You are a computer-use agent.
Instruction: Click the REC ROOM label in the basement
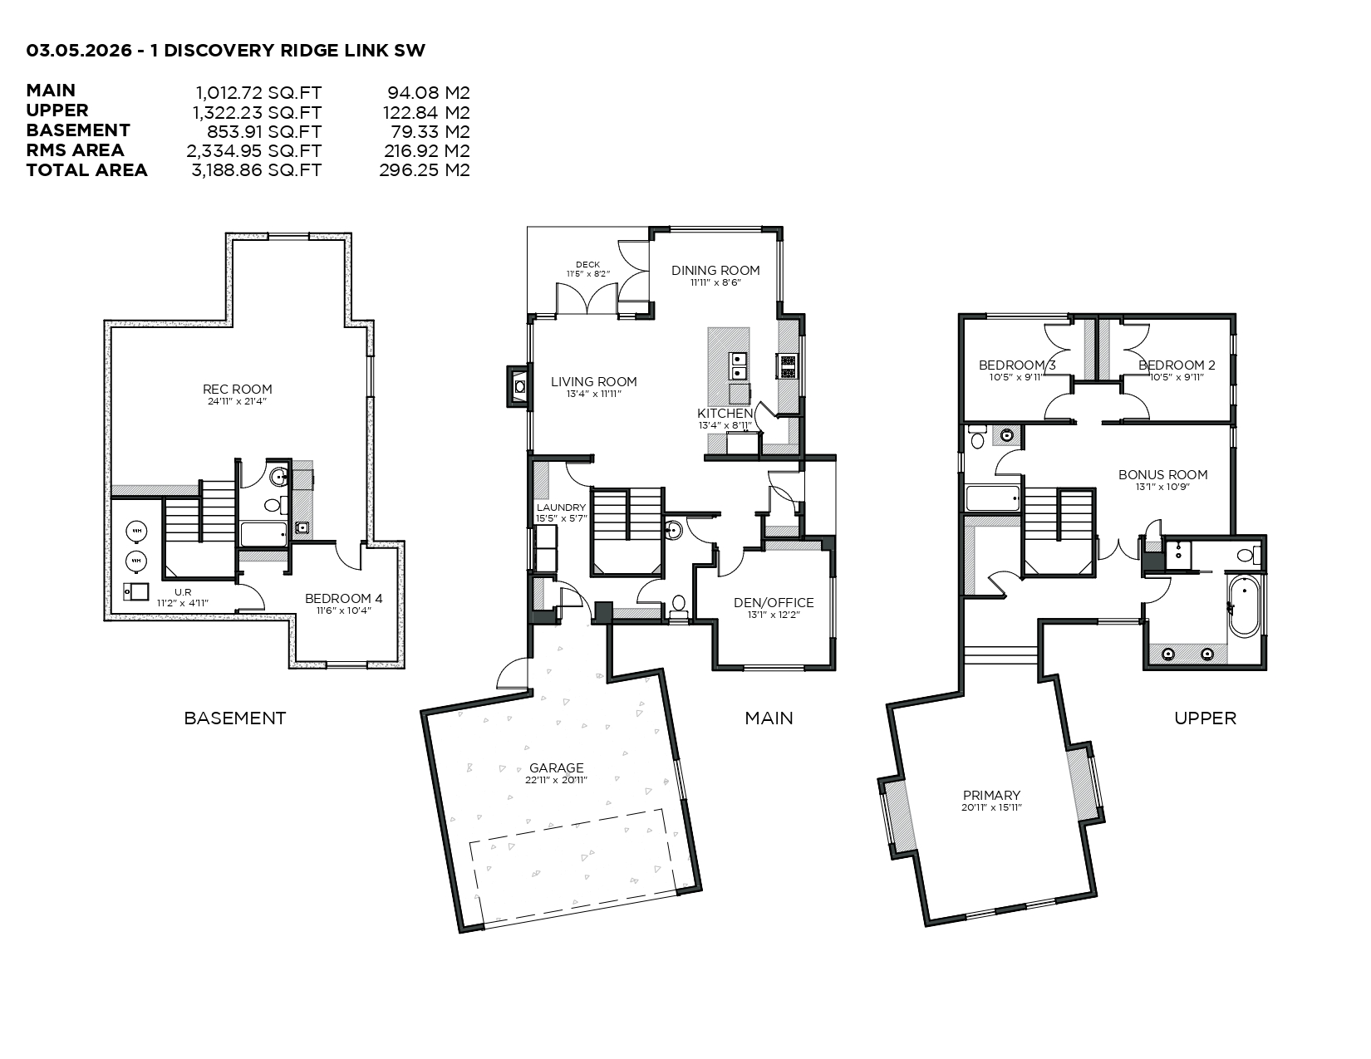pyautogui.click(x=237, y=389)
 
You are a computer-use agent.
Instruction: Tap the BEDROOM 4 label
pyautogui.click(x=343, y=598)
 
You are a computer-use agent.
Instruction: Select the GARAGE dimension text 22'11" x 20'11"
pyautogui.click(x=556, y=780)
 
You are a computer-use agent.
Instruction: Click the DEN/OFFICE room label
pyautogui.click(x=774, y=603)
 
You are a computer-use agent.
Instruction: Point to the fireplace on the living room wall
pyautogui.click(x=518, y=386)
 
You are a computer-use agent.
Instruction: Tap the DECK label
pyautogui.click(x=587, y=265)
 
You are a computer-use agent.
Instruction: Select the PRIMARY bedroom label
pyautogui.click(x=991, y=795)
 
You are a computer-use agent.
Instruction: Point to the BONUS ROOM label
pyautogui.click(x=1162, y=475)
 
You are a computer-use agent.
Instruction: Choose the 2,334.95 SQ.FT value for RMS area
pyautogui.click(x=253, y=151)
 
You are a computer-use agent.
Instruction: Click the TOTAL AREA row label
pyautogui.click(x=86, y=170)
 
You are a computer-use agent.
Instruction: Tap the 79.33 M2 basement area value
pyautogui.click(x=430, y=131)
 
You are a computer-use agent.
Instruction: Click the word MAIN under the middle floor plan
pyautogui.click(x=768, y=718)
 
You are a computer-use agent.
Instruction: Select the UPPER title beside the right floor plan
pyautogui.click(x=1204, y=718)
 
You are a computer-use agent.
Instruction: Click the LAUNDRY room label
pyautogui.click(x=561, y=507)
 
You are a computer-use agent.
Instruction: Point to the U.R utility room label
pyautogui.click(x=183, y=592)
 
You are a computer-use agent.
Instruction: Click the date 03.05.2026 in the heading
pyautogui.click(x=78, y=50)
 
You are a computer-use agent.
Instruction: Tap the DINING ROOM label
pyautogui.click(x=715, y=270)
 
